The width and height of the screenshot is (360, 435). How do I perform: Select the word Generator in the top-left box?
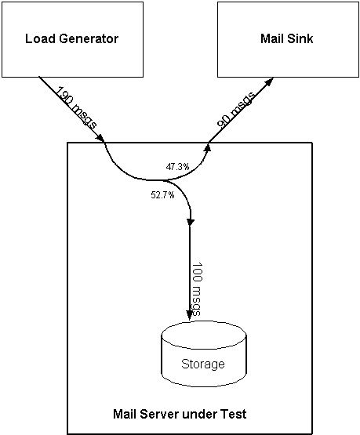pos(89,38)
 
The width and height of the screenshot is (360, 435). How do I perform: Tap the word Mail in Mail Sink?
pos(272,38)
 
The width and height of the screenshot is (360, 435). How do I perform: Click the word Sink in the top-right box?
pos(300,38)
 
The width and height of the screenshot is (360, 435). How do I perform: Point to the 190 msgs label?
pos(76,107)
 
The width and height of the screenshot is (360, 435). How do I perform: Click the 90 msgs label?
pos(235,110)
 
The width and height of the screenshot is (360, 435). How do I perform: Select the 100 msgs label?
pos(197,289)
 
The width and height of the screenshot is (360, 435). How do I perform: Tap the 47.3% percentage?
pos(177,167)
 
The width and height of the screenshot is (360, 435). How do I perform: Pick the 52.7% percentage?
pos(162,195)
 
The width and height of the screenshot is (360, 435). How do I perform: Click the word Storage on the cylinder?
pos(203,364)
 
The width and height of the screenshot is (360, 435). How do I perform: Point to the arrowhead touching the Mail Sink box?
pos(270,82)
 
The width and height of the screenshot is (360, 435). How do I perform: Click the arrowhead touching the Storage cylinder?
pos(190,315)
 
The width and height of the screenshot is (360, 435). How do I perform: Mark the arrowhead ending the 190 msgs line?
pos(100,138)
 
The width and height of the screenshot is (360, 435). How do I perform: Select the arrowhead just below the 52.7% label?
pos(191,223)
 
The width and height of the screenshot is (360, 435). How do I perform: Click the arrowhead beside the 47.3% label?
pos(208,147)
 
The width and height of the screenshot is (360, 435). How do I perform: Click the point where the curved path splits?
pos(163,180)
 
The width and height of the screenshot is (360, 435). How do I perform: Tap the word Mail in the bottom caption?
pos(125,414)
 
